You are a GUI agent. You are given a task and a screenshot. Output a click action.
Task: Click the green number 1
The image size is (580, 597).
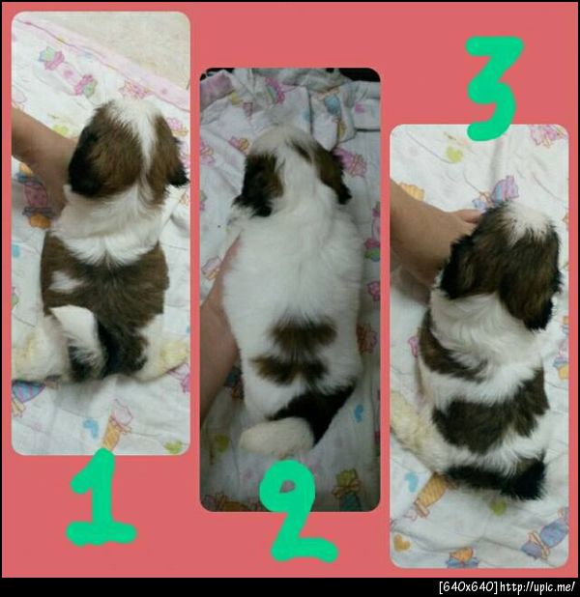click(x=99, y=500)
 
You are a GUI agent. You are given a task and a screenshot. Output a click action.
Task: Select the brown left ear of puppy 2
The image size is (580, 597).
click(x=258, y=184)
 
